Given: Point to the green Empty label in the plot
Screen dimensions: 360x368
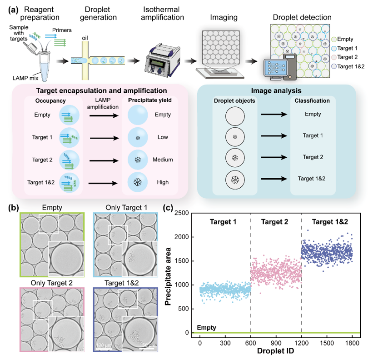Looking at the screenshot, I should point(206,327).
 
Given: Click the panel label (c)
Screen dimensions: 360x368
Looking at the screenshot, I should point(169,208).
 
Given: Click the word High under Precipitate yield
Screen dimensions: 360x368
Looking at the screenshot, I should point(162,182).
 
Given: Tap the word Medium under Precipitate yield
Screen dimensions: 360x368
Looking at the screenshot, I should point(162,160).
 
